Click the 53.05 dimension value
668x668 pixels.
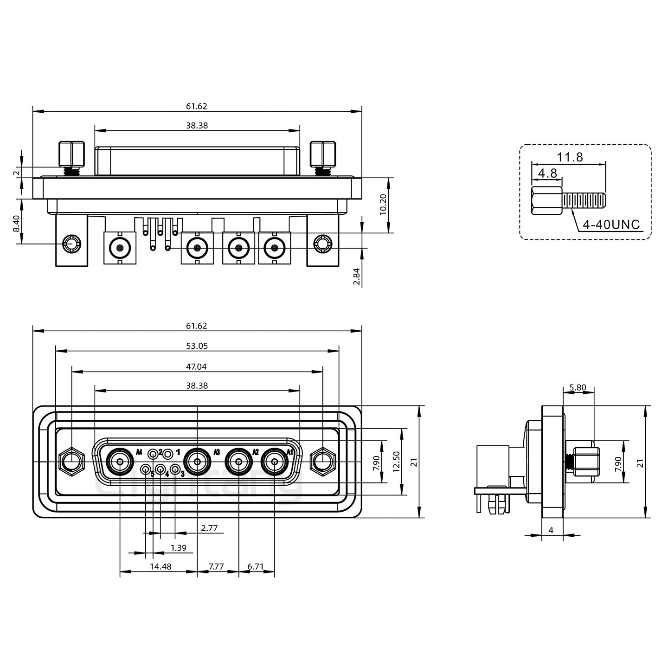tap(197, 346)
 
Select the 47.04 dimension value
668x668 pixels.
tap(197, 366)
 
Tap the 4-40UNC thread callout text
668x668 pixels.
tap(611, 225)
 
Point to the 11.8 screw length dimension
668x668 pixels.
tap(570, 157)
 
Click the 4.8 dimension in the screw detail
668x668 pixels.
tap(547, 173)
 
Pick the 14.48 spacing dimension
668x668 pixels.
tap(161, 566)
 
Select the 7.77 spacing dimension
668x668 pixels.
tap(216, 566)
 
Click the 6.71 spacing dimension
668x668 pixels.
tap(256, 566)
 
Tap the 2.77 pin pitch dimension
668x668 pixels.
tap(209, 528)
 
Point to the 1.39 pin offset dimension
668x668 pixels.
tap(179, 548)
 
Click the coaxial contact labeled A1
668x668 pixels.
tap(275, 462)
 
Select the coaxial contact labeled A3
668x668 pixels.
tap(197, 462)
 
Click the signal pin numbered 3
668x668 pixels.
tap(175, 470)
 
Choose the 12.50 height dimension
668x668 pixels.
tap(396, 462)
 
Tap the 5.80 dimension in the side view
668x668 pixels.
tap(578, 387)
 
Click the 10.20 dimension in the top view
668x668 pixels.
tap(383, 204)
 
